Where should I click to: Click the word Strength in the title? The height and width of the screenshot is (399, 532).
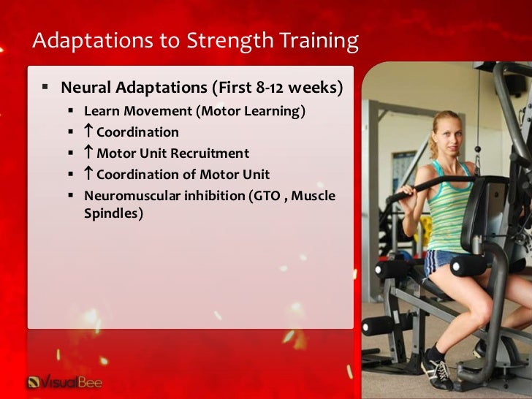pos(230,41)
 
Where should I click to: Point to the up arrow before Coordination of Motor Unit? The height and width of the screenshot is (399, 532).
pos(88,172)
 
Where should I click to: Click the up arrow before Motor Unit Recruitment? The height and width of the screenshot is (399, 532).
pos(88,151)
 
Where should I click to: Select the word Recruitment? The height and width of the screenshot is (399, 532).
pos(210,153)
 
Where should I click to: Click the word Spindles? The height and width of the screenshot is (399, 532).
pos(111,213)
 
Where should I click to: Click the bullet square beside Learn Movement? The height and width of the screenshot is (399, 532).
pos(71,110)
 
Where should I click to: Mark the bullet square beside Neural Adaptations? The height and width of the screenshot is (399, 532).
pos(45,87)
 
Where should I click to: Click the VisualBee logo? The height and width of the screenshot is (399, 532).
pos(64,382)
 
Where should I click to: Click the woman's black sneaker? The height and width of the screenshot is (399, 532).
pos(437,371)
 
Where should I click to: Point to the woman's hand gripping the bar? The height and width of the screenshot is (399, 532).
pos(406,190)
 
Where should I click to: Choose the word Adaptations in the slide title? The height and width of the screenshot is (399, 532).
pos(93,41)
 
